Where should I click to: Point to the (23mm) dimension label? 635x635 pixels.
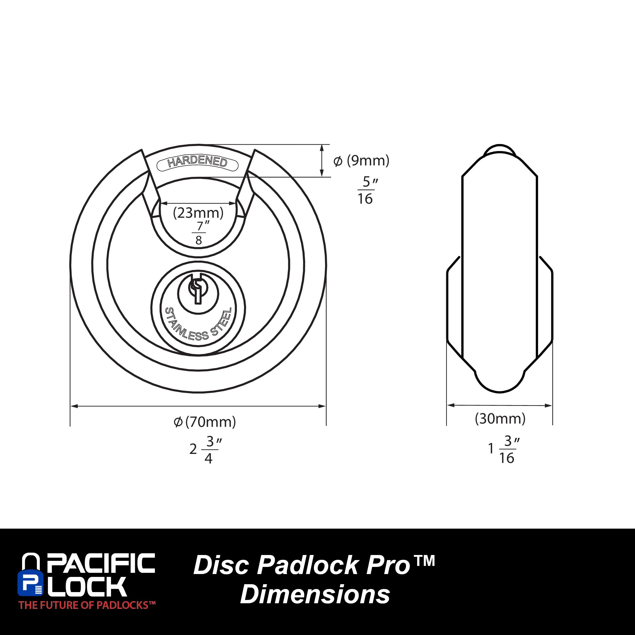point(198,213)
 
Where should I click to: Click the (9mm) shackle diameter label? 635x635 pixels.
point(362,161)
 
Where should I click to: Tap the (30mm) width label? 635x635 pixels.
point(500,419)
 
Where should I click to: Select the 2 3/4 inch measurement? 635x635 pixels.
point(205,449)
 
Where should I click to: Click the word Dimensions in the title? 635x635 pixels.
point(315,594)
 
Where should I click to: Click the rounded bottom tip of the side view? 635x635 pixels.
point(499,385)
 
